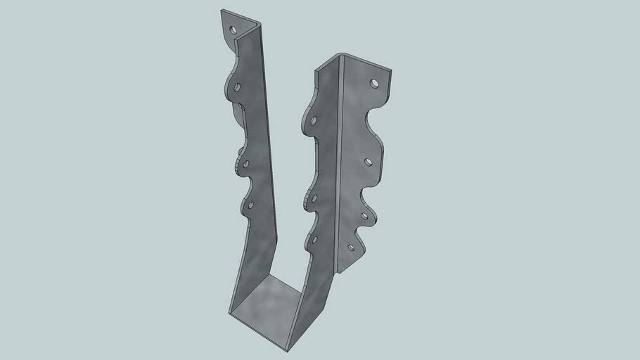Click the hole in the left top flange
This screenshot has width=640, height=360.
(234, 30)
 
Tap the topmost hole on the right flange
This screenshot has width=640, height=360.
(374, 83)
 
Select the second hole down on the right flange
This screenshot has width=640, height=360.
(368, 161)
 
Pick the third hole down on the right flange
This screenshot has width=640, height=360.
(364, 215)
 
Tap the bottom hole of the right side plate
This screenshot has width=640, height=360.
(314, 240)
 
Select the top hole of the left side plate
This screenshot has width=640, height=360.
(238, 89)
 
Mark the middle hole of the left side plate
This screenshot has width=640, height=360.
(247, 163)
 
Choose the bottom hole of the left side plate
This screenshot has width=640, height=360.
(251, 205)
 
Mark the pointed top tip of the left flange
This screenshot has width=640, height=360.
(221, 10)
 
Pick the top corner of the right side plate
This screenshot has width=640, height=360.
(316, 68)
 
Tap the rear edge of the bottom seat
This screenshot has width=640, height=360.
(281, 278)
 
